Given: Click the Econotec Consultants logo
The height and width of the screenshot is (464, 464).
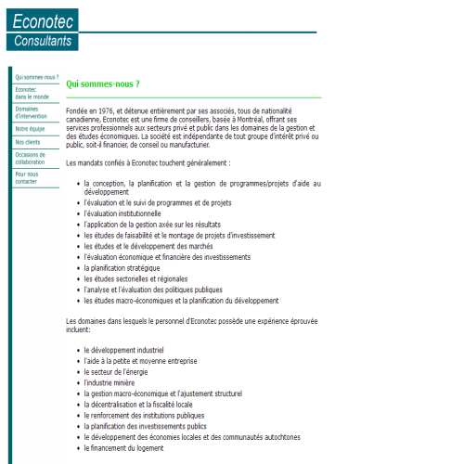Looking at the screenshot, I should pyautogui.click(x=42, y=29).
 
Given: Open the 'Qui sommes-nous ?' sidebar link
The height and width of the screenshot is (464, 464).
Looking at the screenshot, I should pyautogui.click(x=37, y=77).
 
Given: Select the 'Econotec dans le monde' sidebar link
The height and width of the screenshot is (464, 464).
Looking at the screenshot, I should pyautogui.click(x=32, y=93).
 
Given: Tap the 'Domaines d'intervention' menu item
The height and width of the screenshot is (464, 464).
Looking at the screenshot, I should pyautogui.click(x=32, y=112).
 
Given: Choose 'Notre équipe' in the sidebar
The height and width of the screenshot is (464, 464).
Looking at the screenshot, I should pyautogui.click(x=30, y=128).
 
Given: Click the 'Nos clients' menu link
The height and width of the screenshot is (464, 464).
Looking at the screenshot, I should pyautogui.click(x=28, y=142).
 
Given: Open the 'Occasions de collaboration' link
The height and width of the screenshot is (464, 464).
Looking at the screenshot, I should pyautogui.click(x=30, y=158).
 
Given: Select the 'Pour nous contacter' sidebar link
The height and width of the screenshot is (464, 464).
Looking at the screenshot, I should pyautogui.click(x=27, y=177).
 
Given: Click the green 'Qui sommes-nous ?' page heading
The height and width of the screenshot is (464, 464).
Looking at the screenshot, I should pyautogui.click(x=103, y=84).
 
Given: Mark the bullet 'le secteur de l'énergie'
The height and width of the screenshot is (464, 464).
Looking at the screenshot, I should pyautogui.click(x=122, y=371).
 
